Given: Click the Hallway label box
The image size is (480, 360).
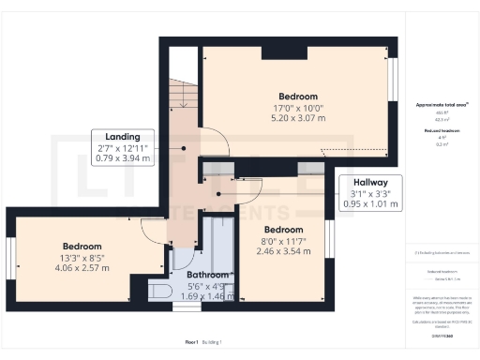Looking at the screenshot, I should point(370,191).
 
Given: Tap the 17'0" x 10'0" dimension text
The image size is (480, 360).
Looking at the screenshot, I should point(297,108).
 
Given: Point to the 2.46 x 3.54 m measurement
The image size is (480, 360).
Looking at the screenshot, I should point(283,252).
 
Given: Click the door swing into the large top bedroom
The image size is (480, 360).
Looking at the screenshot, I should point(216,142).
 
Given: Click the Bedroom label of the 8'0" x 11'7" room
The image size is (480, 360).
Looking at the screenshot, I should point(282,230).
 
